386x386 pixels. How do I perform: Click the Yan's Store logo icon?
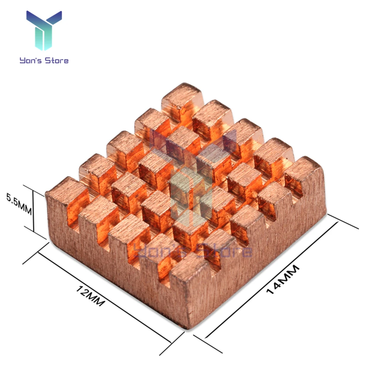(44, 30)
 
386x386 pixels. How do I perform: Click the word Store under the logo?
(57, 60)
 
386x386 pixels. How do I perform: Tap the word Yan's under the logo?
(31, 61)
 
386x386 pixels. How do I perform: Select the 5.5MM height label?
(19, 204)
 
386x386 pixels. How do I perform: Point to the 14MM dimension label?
(283, 279)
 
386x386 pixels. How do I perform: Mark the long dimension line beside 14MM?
(271, 279)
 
